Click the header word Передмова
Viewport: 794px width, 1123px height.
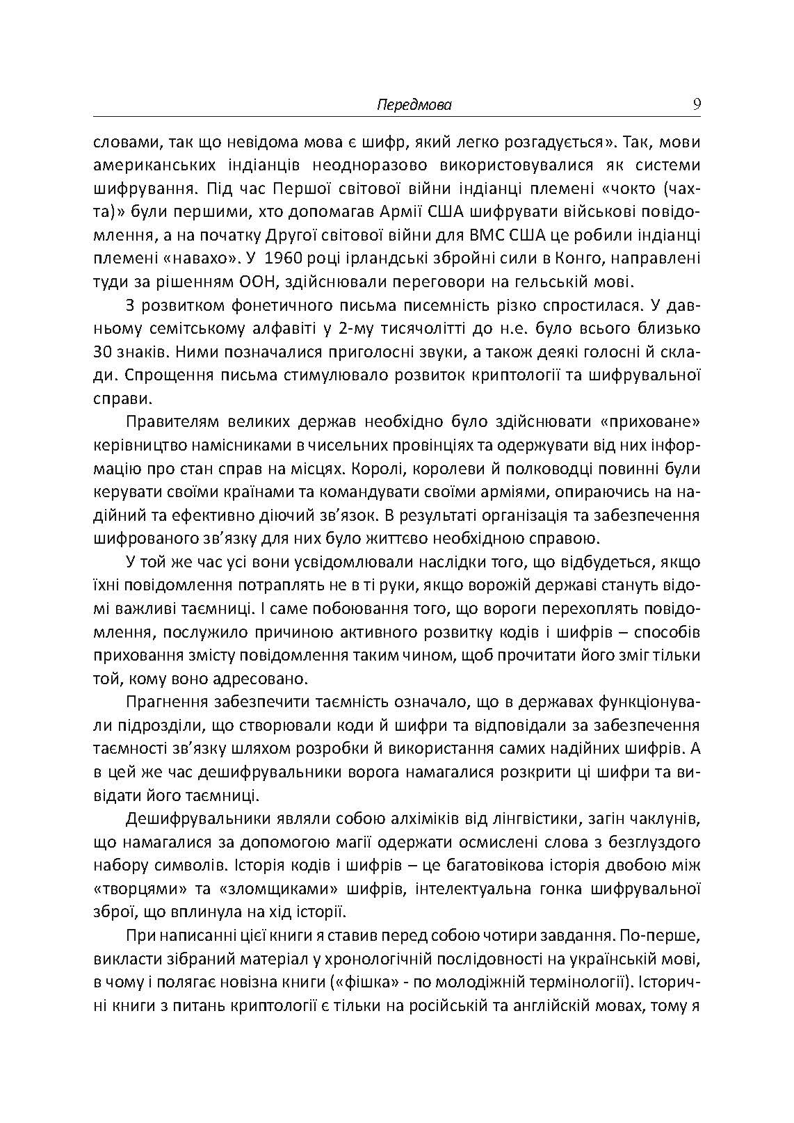(x=414, y=105)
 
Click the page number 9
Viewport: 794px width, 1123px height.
(x=696, y=104)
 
